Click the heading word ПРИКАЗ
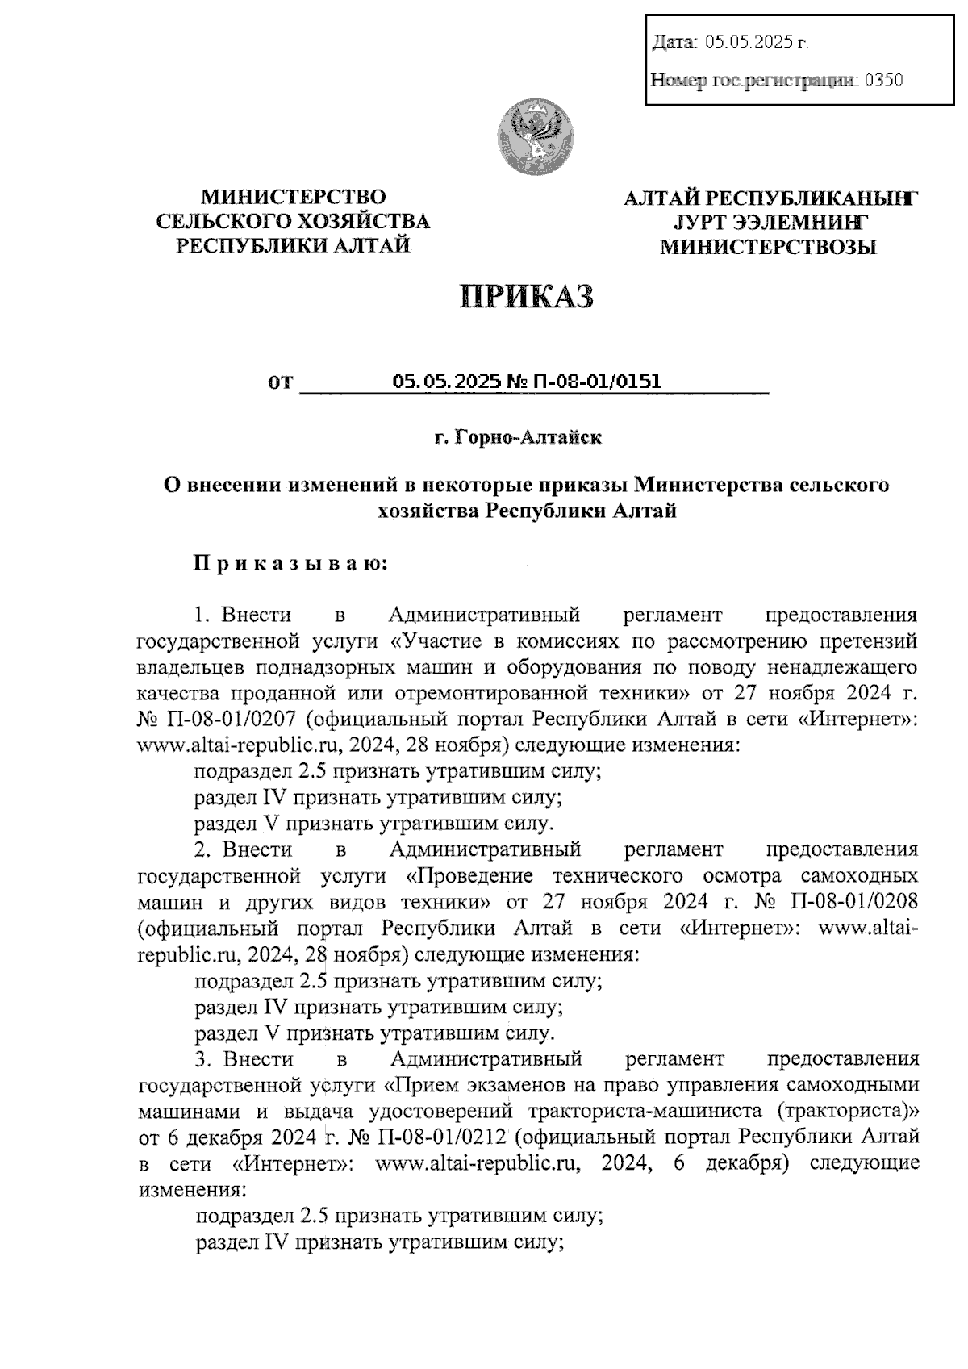tap(527, 297)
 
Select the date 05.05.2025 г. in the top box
tap(757, 43)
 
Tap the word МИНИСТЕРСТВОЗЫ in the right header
tap(768, 248)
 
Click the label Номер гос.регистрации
tap(753, 80)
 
